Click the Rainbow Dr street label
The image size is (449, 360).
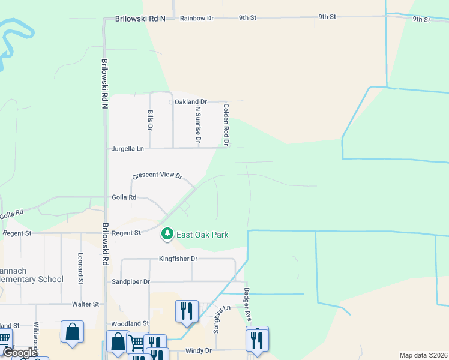click(197, 19)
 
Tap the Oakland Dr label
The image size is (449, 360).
click(190, 102)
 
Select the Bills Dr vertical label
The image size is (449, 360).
click(150, 121)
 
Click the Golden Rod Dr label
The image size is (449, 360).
click(226, 125)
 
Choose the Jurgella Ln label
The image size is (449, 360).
click(128, 148)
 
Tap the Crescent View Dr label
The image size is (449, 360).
click(157, 175)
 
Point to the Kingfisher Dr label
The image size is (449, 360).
click(178, 259)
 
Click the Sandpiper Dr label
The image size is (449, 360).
click(130, 281)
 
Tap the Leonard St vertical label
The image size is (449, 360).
click(80, 268)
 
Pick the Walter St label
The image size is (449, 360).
click(85, 304)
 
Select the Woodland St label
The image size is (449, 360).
click(128, 323)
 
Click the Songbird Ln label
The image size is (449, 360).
click(219, 319)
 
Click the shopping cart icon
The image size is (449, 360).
click(137, 343)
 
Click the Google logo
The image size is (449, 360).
click(19, 353)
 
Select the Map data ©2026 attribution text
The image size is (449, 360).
click(423, 355)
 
